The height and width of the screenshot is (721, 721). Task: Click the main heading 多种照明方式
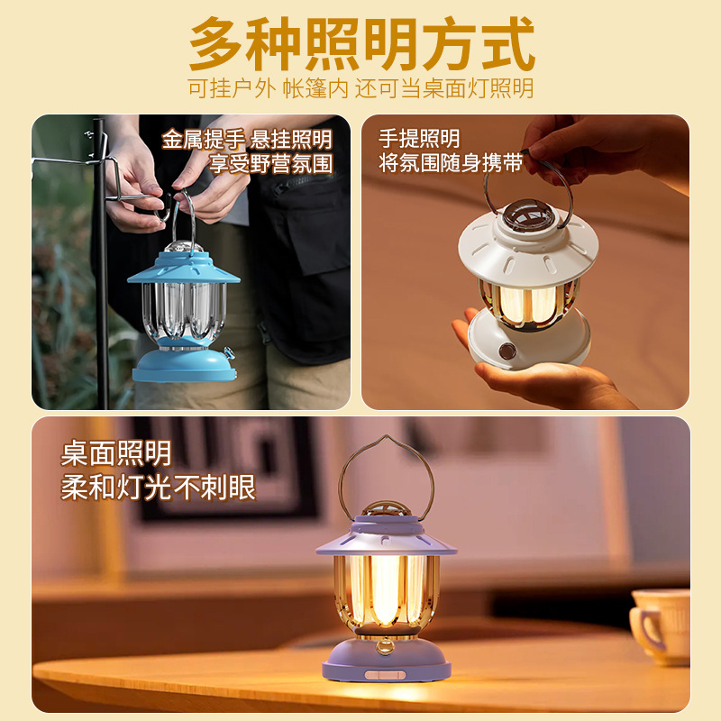362,43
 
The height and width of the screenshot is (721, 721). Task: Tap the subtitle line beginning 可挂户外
360,87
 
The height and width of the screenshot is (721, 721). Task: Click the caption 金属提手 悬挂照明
247,140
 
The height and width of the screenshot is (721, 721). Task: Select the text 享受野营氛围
271,163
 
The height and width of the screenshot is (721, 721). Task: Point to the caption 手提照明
419,138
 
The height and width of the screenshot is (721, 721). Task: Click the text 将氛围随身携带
451,162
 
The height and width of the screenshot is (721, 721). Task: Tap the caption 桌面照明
116,453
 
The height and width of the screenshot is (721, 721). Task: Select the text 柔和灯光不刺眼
159,487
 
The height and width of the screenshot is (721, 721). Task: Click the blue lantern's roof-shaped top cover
184,268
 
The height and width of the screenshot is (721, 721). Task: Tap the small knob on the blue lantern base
229,352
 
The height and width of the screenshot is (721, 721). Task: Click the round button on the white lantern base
507,351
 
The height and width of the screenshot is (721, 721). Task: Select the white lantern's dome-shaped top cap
527,214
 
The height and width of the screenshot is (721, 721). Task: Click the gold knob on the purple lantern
385,646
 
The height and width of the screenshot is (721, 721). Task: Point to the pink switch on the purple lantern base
385,674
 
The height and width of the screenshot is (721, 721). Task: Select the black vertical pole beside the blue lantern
102,263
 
